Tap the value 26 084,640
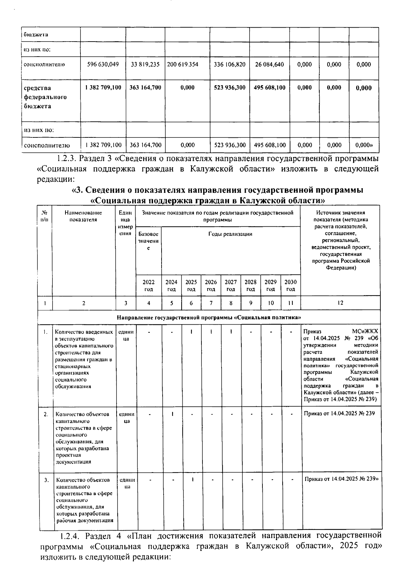(269, 64)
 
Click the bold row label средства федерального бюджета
(45, 97)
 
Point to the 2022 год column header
(148, 285)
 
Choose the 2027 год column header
(231, 285)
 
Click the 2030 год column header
(290, 285)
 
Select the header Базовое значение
(148, 241)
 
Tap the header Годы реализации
(230, 234)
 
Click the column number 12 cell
(340, 303)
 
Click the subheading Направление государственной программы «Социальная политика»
(209, 317)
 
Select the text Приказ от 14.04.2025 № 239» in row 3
(342, 479)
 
